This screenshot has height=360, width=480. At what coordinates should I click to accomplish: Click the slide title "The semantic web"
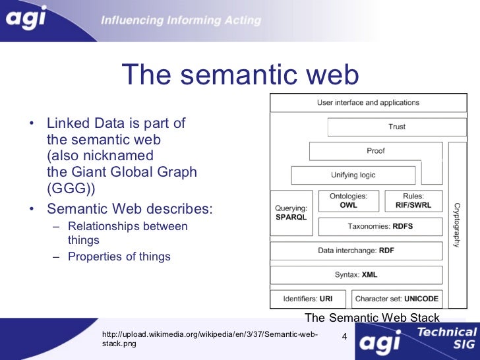pos(241,75)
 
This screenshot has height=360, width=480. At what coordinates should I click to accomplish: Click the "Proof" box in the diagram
pos(375,151)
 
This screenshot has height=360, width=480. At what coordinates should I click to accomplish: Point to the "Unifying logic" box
pos(353,175)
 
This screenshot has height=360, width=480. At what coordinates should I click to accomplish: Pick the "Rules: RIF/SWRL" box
pos(413,201)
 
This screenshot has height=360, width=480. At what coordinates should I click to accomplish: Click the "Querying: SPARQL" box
pos(291,213)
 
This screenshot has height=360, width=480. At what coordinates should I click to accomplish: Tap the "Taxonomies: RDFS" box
pos(380,226)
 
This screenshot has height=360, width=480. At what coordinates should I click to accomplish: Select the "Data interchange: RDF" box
pos(356,251)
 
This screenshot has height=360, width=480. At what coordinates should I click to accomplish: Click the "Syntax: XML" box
pos(356,274)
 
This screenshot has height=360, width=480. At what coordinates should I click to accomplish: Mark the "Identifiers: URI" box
pos(308,299)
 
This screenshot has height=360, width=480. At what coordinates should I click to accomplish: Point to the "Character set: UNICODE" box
pos(397,299)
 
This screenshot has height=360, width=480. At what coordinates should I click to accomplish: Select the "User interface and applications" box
pos(368,103)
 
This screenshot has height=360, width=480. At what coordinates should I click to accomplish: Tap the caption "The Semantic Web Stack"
pos(373,318)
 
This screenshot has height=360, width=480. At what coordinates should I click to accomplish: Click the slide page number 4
pos(344,338)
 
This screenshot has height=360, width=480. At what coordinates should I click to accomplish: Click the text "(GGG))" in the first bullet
pos(71,188)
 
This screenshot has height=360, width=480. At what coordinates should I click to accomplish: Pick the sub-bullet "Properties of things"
pos(119,256)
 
